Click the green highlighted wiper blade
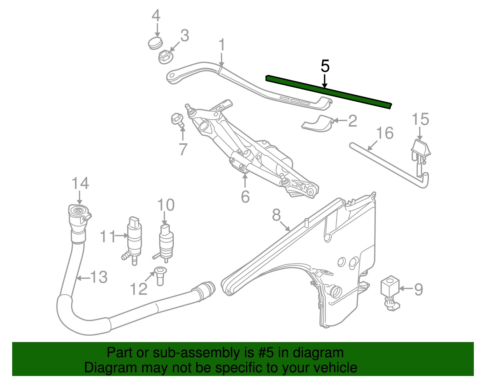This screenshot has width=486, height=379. click(328, 91)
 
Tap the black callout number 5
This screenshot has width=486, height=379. click(325, 66)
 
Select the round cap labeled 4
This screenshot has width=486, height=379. click(156, 43)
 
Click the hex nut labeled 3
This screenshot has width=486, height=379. click(165, 56)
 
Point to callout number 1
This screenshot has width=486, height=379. click(222, 45)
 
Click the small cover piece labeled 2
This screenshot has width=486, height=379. click(317, 124)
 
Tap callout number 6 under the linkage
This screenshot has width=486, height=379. click(245, 197)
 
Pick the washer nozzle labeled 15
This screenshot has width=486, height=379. click(420, 149)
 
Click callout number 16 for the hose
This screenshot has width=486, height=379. click(385, 133)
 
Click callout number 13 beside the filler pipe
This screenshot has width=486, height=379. click(99, 277)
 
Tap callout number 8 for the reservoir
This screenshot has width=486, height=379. click(276, 215)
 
